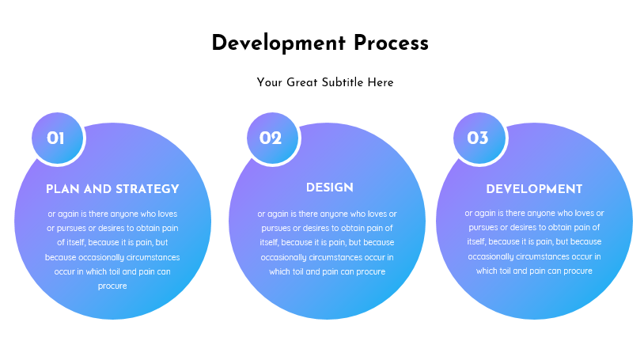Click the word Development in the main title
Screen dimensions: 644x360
278,44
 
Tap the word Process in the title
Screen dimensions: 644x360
391,43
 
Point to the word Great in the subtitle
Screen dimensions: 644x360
302,82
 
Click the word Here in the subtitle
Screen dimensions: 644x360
381,82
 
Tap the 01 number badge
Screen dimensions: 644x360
58,138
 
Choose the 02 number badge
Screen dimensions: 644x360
273,138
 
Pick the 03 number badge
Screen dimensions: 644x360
479,138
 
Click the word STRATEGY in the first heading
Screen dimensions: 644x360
147,189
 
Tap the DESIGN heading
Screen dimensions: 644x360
329,188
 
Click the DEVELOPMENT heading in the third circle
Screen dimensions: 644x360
534,189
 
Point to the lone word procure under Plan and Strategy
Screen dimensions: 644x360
112,286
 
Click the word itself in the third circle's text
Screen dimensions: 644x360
476,241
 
